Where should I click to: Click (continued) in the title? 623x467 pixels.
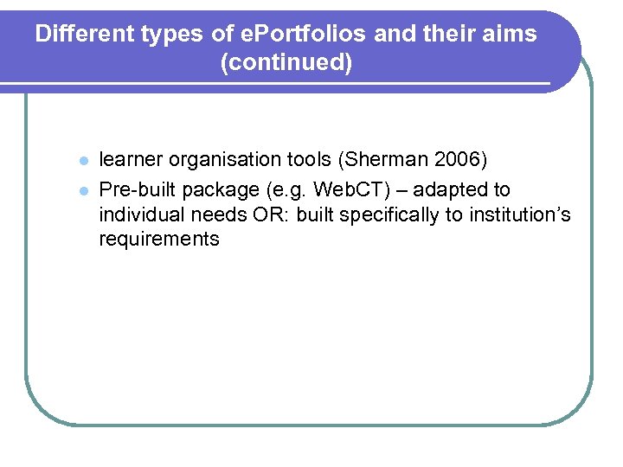click(286, 63)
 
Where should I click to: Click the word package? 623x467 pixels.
click(228, 190)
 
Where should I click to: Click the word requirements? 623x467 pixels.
click(159, 240)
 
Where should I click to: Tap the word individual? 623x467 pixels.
click(140, 214)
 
